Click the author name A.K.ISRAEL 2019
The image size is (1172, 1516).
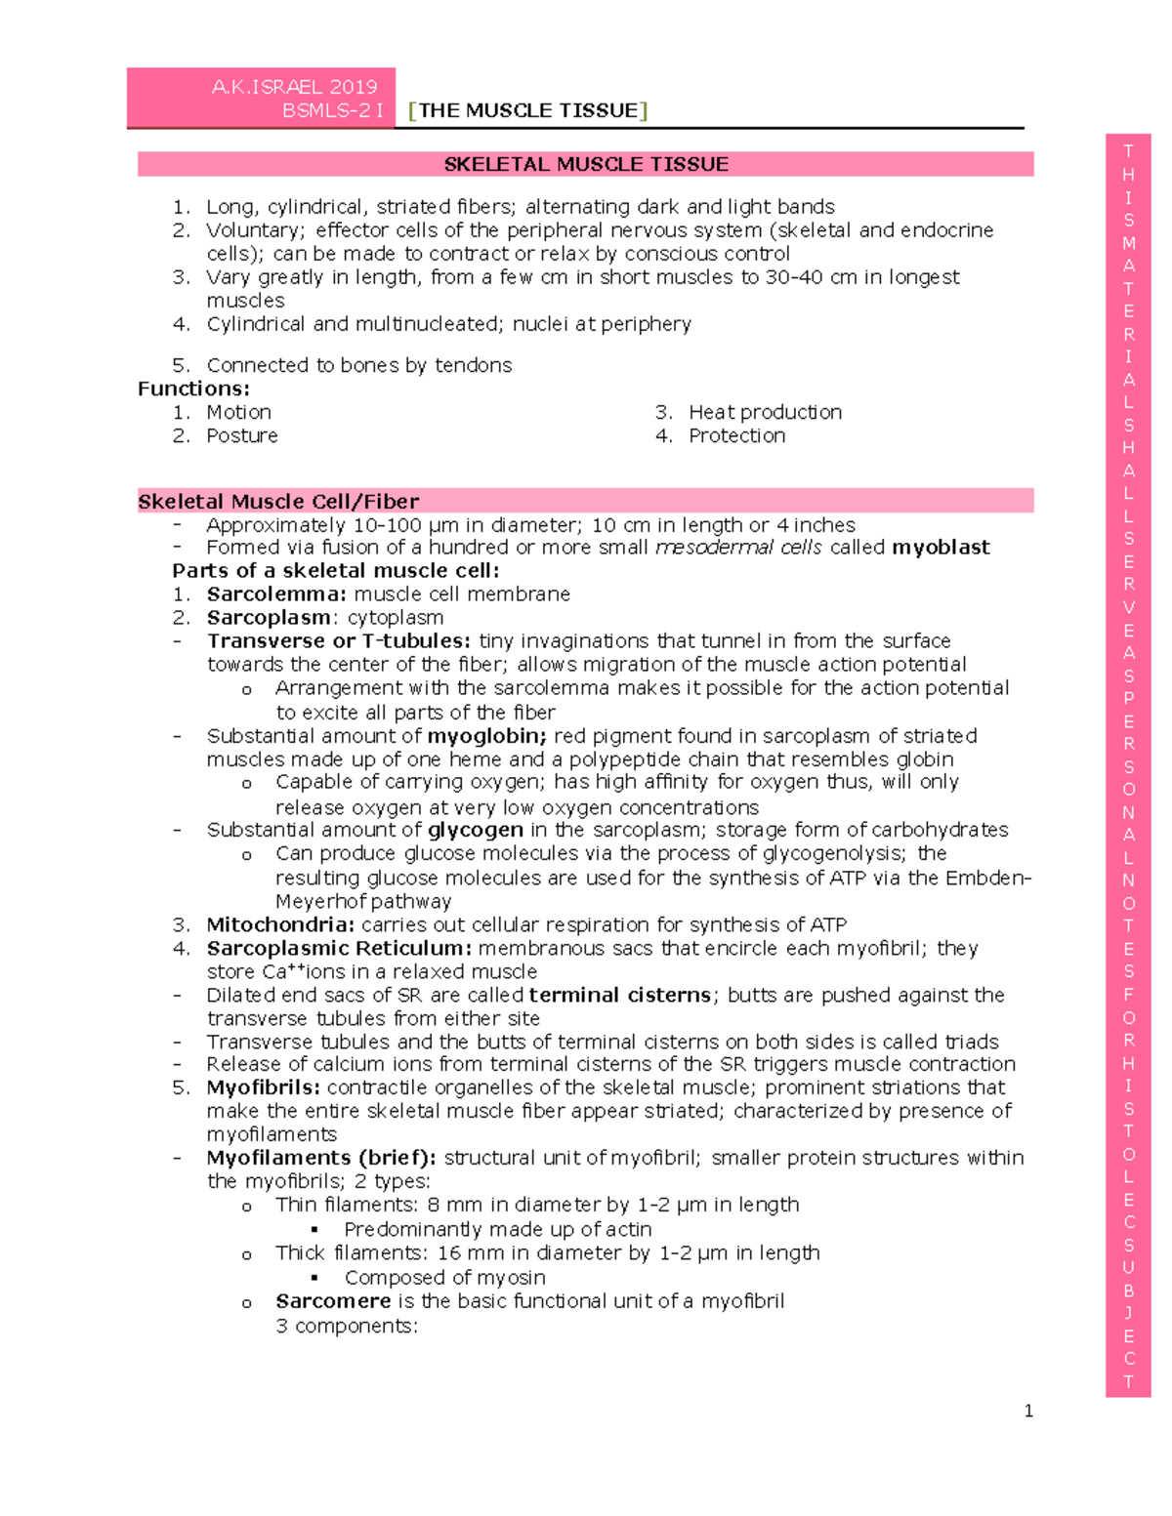click(x=294, y=87)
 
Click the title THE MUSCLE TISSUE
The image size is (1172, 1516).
click(x=528, y=110)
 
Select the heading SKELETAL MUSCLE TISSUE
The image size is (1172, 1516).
click(x=586, y=164)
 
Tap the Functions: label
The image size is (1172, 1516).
click(x=193, y=389)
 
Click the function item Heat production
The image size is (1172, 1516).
click(x=765, y=412)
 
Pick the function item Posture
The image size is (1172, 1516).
click(x=241, y=435)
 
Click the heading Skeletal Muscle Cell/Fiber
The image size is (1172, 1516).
click(x=278, y=502)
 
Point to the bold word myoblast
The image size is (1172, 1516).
click(x=941, y=548)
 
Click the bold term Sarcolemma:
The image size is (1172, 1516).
click(x=276, y=594)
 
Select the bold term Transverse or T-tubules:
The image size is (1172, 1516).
click(x=339, y=641)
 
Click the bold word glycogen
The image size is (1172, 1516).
click(x=476, y=831)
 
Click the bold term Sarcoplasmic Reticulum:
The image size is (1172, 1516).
click(x=339, y=948)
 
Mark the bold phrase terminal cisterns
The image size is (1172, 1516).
click(x=620, y=995)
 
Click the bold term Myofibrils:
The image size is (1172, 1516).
click(x=263, y=1087)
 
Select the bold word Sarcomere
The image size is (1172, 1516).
click(x=333, y=1301)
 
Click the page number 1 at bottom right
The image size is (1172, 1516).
click(x=1028, y=1411)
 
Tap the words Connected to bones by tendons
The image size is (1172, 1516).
click(x=358, y=365)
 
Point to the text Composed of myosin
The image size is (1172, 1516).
click(x=444, y=1278)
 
